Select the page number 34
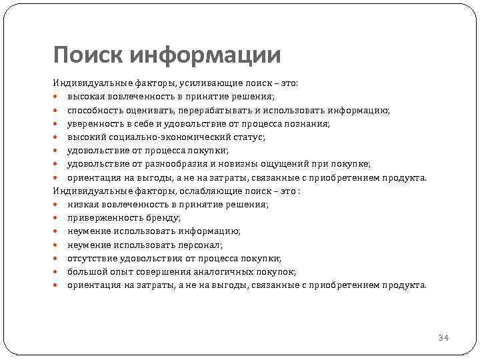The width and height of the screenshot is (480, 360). [443, 338]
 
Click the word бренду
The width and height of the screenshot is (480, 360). [164, 217]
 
